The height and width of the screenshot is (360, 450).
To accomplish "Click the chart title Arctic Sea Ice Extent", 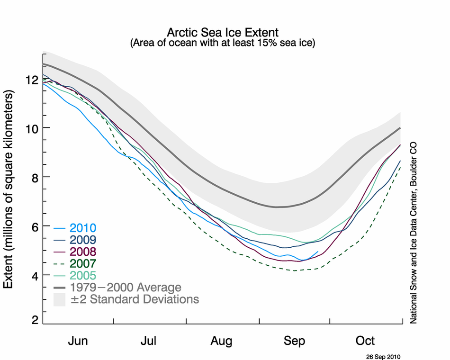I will coord(223,32).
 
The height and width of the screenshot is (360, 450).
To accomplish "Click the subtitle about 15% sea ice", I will coord(223,43).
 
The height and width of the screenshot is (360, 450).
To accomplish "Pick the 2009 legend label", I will coord(83,240).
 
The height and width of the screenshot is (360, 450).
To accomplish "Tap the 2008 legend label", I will coord(83,252).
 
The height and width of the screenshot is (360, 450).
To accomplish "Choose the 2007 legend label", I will coord(83,263).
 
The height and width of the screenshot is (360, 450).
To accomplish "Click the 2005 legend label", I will coord(83,275).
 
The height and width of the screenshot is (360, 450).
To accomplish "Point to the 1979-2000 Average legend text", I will coord(125,287).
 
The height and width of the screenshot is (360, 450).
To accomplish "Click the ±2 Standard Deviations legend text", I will coord(135,299).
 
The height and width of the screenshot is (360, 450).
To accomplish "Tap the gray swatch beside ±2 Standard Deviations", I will coord(59,299).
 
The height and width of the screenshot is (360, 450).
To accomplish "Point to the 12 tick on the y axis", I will coord(32,80).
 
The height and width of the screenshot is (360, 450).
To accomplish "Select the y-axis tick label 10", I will coord(32,128).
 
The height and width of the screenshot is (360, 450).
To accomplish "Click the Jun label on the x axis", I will coord(78,341).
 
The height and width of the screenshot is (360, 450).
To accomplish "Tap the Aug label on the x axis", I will coord(221,341).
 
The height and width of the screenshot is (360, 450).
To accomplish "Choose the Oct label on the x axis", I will coord(365,341).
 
